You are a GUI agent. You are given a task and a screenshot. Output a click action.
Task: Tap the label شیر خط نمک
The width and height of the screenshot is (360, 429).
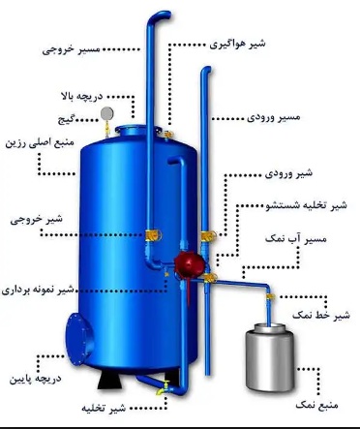(320, 316)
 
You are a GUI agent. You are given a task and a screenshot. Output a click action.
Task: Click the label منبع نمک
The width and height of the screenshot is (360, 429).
(318, 392)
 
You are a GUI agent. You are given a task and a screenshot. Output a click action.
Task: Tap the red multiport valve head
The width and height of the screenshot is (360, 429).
(182, 261)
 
